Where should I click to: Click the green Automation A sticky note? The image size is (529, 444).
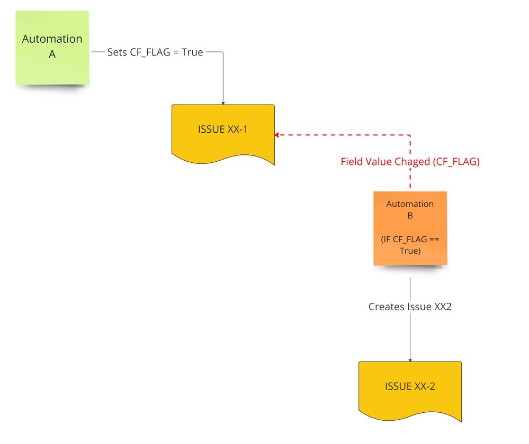coord(52,48)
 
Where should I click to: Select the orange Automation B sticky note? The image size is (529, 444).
coord(410,228)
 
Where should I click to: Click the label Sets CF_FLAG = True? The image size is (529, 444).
coord(155,52)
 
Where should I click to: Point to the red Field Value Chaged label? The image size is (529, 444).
coord(410,162)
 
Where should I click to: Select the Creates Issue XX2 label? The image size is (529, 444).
coord(410,307)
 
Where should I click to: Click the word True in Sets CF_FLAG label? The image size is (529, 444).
coord(192,52)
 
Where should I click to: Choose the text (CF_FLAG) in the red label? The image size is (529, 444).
coord(456,162)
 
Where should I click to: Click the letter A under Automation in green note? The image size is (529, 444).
coord(52,54)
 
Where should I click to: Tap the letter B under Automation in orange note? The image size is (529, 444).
coord(410,216)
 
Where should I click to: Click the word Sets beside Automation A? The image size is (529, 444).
coord(117,52)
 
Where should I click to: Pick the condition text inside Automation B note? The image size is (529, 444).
coord(410,245)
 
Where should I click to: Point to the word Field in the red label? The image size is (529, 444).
coord(352,162)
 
